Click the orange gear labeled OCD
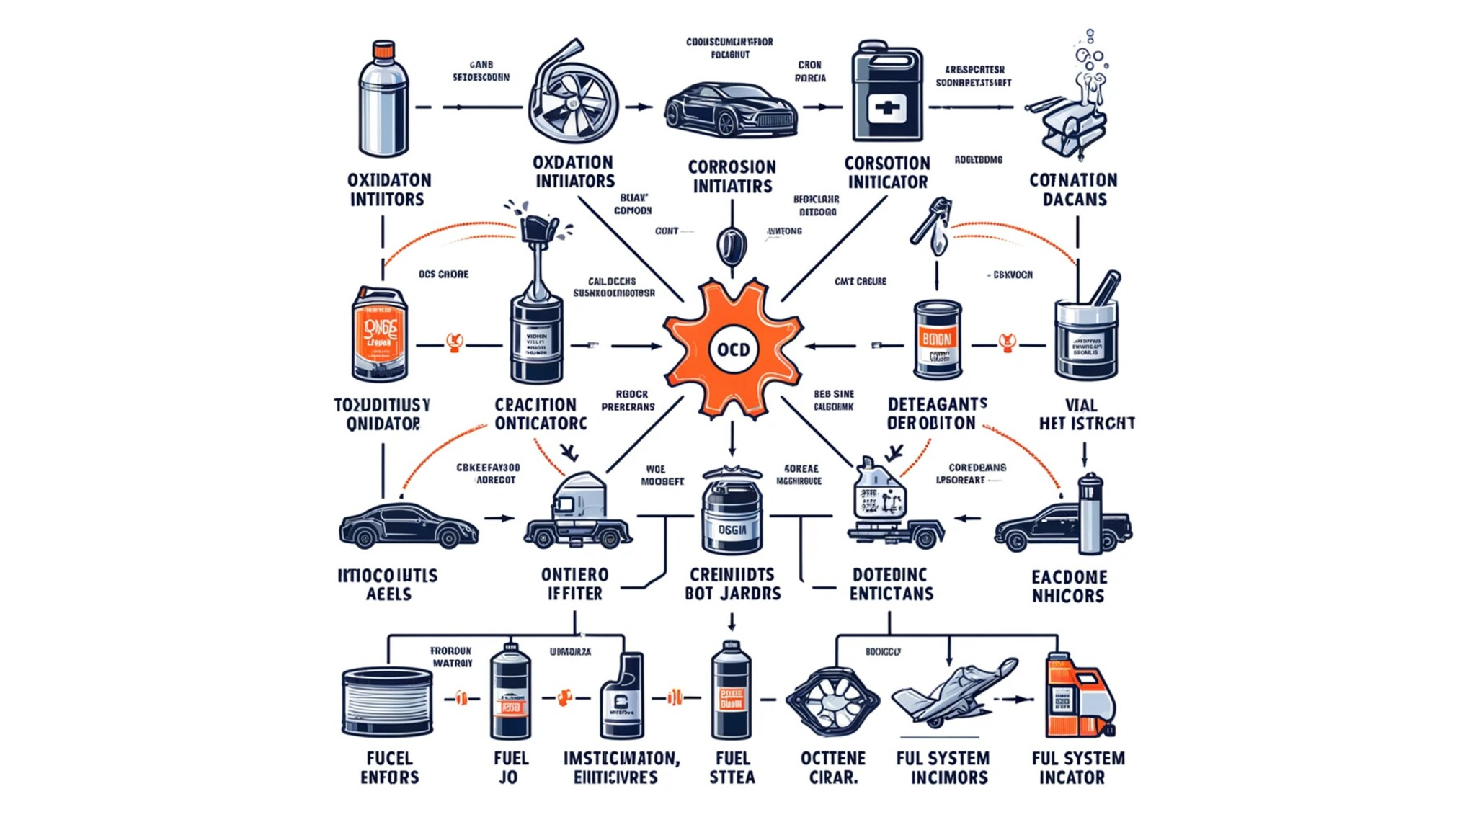point(733,349)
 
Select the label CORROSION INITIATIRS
point(732,177)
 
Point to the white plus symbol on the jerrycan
point(886,108)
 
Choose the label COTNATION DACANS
point(1073,189)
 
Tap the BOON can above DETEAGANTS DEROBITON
point(937,340)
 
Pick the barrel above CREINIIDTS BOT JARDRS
point(732,515)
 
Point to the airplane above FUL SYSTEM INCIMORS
point(953,692)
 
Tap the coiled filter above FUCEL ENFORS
point(388,701)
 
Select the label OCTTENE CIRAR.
point(832,768)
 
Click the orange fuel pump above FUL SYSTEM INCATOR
point(1078,697)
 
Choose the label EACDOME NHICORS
point(1068,586)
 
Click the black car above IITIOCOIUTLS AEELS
point(408,526)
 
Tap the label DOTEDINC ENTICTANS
point(891,584)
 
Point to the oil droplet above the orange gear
point(732,245)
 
